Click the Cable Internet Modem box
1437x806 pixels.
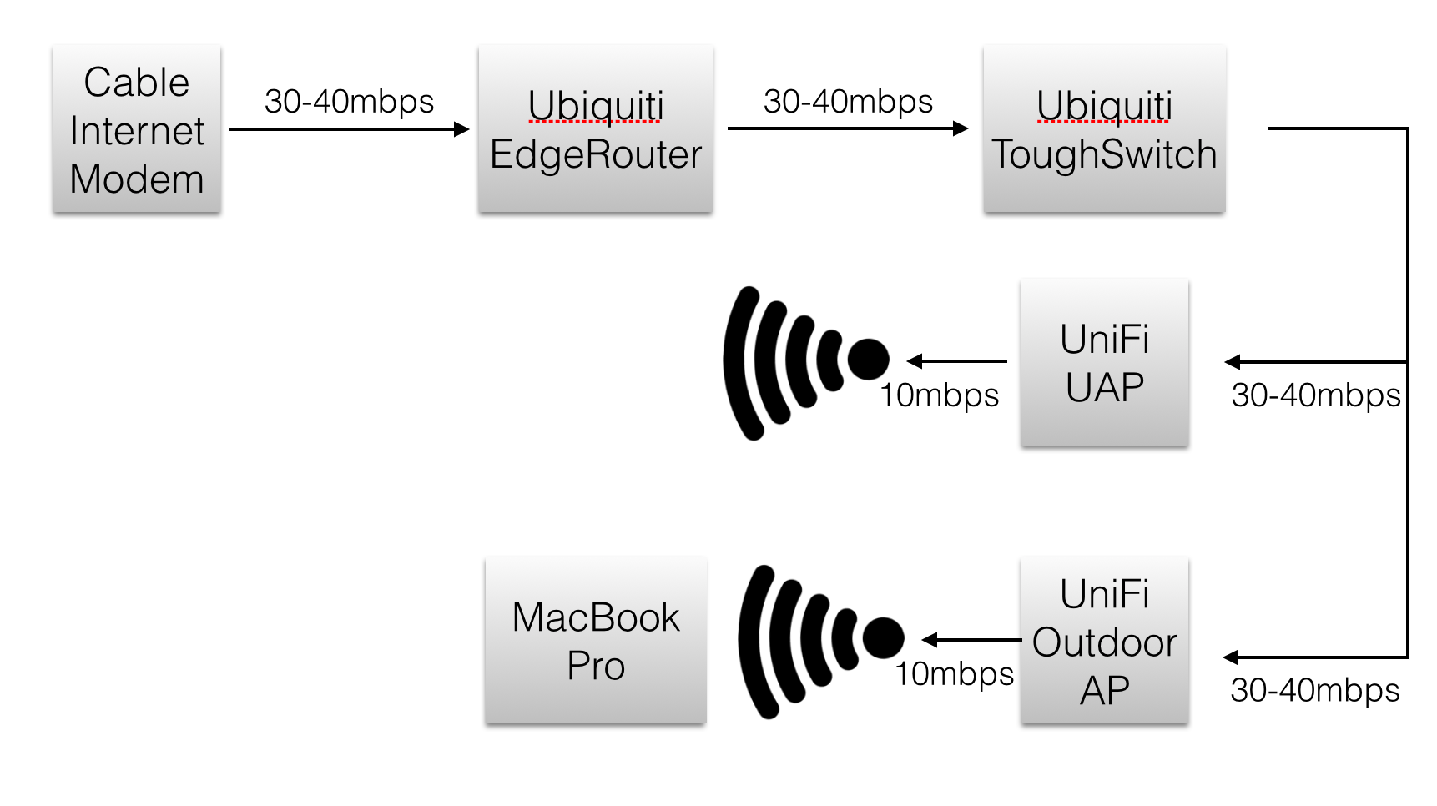(137, 129)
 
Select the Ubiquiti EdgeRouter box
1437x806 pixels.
(595, 129)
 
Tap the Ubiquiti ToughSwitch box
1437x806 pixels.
(1104, 129)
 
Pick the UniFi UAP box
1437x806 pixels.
(1104, 362)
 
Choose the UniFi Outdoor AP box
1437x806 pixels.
(1104, 641)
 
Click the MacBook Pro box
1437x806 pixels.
(595, 641)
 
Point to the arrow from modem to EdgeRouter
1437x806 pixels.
(349, 129)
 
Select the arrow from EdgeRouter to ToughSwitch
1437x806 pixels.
(847, 128)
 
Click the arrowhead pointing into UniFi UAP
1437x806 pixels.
(1233, 362)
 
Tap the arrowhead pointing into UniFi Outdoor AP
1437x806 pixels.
(1232, 657)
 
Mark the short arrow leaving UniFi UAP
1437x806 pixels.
(956, 361)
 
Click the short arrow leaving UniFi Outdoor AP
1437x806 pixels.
(971, 640)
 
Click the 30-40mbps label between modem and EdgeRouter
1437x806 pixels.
(349, 101)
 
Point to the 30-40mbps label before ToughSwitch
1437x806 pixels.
(848, 101)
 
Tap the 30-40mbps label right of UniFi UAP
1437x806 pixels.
(1315, 395)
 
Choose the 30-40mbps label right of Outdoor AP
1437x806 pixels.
(1314, 690)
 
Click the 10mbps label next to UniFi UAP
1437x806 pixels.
(940, 395)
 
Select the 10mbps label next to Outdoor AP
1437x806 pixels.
(955, 673)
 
